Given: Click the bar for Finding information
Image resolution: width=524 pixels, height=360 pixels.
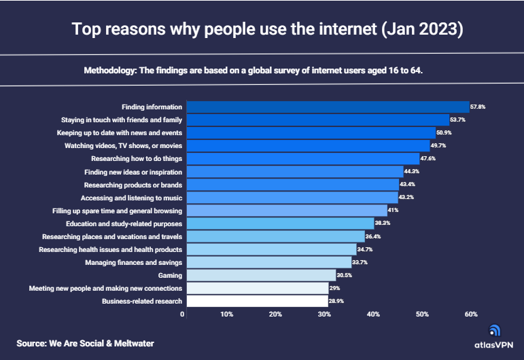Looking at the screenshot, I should (x=328, y=107).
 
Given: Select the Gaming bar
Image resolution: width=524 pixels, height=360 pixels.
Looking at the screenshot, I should (x=261, y=275).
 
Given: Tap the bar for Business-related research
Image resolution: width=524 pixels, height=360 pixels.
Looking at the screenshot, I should (x=257, y=301).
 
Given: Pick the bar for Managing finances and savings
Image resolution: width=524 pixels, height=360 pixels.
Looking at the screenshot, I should (x=268, y=262).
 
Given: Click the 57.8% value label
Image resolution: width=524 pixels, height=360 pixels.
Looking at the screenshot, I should (x=478, y=107).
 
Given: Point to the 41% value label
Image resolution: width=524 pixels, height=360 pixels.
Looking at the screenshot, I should (x=393, y=211).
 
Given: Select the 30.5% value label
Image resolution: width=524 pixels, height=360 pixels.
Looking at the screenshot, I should (x=345, y=275).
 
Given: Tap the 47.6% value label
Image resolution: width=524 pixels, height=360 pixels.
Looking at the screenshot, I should (x=428, y=158).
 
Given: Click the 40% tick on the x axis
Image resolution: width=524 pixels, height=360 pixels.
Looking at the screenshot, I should (x=373, y=314).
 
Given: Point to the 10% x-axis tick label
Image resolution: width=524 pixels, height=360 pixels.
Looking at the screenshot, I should (x=227, y=314).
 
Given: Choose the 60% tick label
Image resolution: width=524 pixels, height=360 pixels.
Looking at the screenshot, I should (x=471, y=314).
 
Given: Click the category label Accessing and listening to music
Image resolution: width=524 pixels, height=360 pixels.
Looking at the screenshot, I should (x=131, y=198).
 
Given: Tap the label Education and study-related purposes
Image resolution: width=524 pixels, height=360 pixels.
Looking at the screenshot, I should (x=124, y=223).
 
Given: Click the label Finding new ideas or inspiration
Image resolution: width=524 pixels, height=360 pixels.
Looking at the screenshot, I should (x=133, y=172).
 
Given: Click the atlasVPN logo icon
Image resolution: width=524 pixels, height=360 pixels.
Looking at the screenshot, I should (x=494, y=331).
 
